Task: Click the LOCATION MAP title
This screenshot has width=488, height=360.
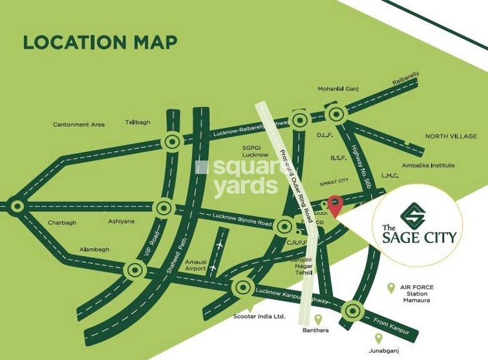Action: tap(100, 43)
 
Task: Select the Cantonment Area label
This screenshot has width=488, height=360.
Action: tap(79, 124)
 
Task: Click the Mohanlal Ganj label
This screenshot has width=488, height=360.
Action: tap(337, 89)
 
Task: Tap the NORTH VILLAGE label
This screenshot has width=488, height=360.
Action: tap(451, 136)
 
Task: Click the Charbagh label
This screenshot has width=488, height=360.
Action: tap(62, 223)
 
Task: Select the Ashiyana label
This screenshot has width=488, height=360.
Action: tap(122, 221)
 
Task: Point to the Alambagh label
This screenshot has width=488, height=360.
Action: tap(94, 249)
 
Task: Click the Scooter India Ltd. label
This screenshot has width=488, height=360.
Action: tap(259, 317)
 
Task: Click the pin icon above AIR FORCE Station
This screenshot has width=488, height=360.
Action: tap(390, 288)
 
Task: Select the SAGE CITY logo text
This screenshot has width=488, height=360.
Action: tap(418, 235)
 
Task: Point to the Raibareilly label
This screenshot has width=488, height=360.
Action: tap(406, 78)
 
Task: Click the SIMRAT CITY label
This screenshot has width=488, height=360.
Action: tap(335, 183)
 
